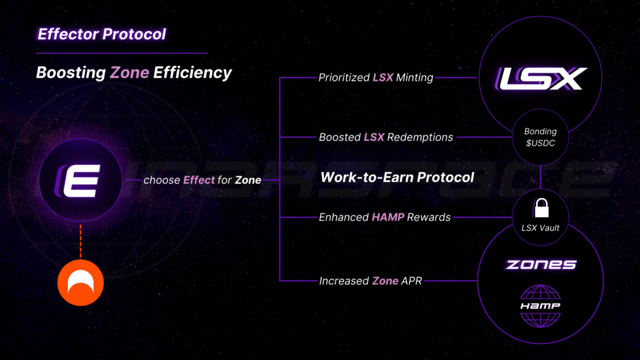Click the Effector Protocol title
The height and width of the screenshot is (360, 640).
101,34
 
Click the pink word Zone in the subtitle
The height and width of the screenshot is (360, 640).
130,73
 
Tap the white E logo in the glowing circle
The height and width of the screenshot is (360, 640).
80,180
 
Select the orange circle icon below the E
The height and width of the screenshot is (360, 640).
80,282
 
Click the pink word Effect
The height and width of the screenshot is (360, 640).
199,180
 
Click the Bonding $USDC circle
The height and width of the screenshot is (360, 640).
540,137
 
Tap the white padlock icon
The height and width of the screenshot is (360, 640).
540,207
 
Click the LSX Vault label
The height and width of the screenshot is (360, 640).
540,228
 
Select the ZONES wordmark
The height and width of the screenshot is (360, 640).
540,265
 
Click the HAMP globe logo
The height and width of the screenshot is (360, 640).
540,306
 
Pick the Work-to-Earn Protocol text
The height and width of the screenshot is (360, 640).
397,177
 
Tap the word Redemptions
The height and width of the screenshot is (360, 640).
420,137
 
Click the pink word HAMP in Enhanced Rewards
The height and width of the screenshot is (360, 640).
388,217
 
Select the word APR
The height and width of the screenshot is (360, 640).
412,281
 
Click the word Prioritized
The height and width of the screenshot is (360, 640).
344,78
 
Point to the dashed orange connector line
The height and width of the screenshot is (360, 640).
80,240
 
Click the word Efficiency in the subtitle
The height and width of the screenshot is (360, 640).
193,73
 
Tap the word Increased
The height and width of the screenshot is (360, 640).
344,281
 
